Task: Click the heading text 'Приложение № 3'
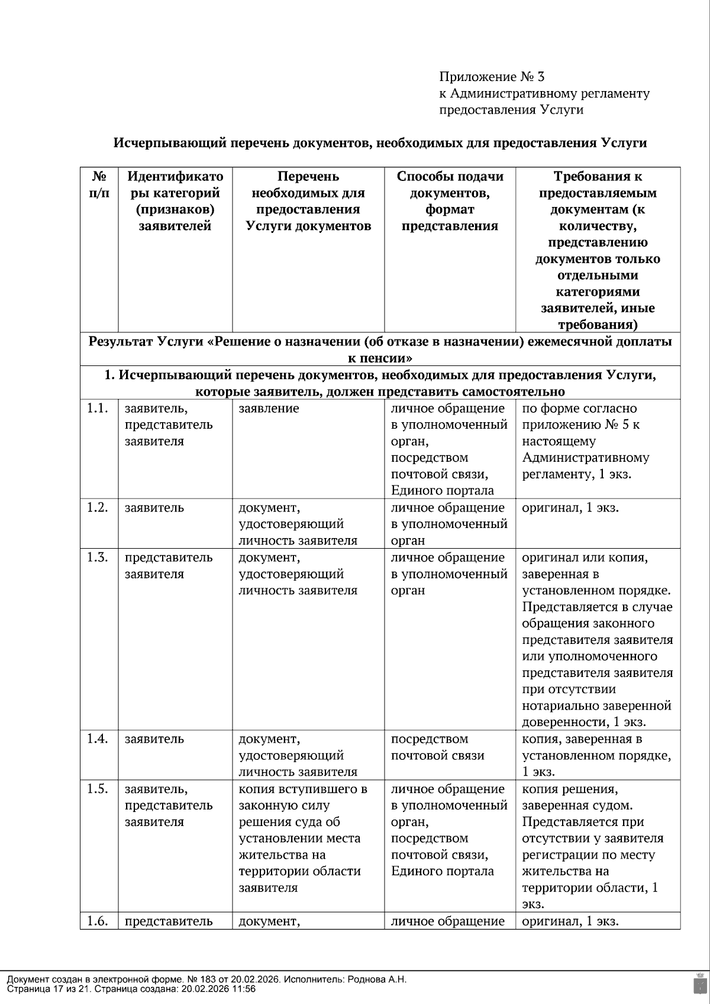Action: coord(491,77)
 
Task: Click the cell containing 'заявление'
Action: coord(269,409)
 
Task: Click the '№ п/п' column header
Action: coord(99,184)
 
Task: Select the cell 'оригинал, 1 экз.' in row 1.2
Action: coord(570,508)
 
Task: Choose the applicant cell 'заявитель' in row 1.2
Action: coord(154,508)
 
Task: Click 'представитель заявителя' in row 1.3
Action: coord(168,566)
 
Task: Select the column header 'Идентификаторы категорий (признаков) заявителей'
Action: coord(175,201)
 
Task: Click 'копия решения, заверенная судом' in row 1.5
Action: coord(577,797)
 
